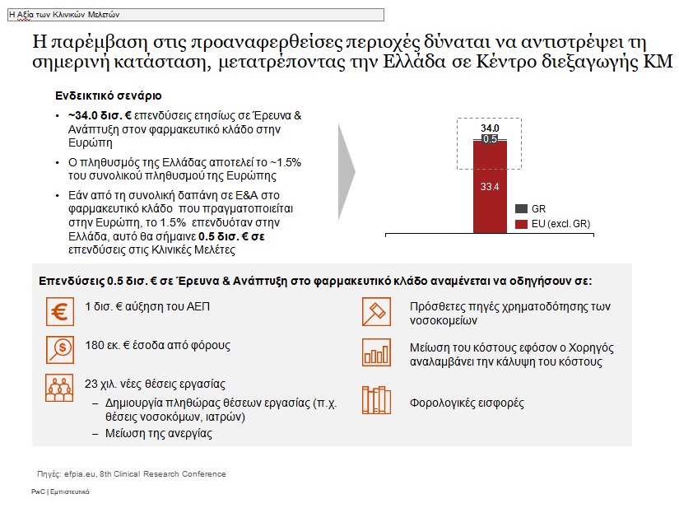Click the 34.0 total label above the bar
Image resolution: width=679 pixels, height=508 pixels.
coord(490,128)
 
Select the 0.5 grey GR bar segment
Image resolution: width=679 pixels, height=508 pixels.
coord(490,139)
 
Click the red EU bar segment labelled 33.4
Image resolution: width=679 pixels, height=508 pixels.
coord(490,188)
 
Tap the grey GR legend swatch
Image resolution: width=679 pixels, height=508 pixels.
coord(521,209)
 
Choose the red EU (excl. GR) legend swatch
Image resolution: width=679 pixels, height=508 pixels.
coord(521,224)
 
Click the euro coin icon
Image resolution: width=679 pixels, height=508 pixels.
coord(60,313)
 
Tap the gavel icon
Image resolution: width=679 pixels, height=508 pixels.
coord(376,313)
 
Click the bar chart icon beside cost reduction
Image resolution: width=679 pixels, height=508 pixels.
coord(376,353)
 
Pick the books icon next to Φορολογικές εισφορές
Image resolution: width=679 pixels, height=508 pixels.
coord(376,401)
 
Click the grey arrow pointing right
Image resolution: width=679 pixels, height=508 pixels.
coord(346,173)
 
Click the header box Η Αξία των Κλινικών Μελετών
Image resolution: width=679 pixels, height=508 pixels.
coord(196,14)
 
